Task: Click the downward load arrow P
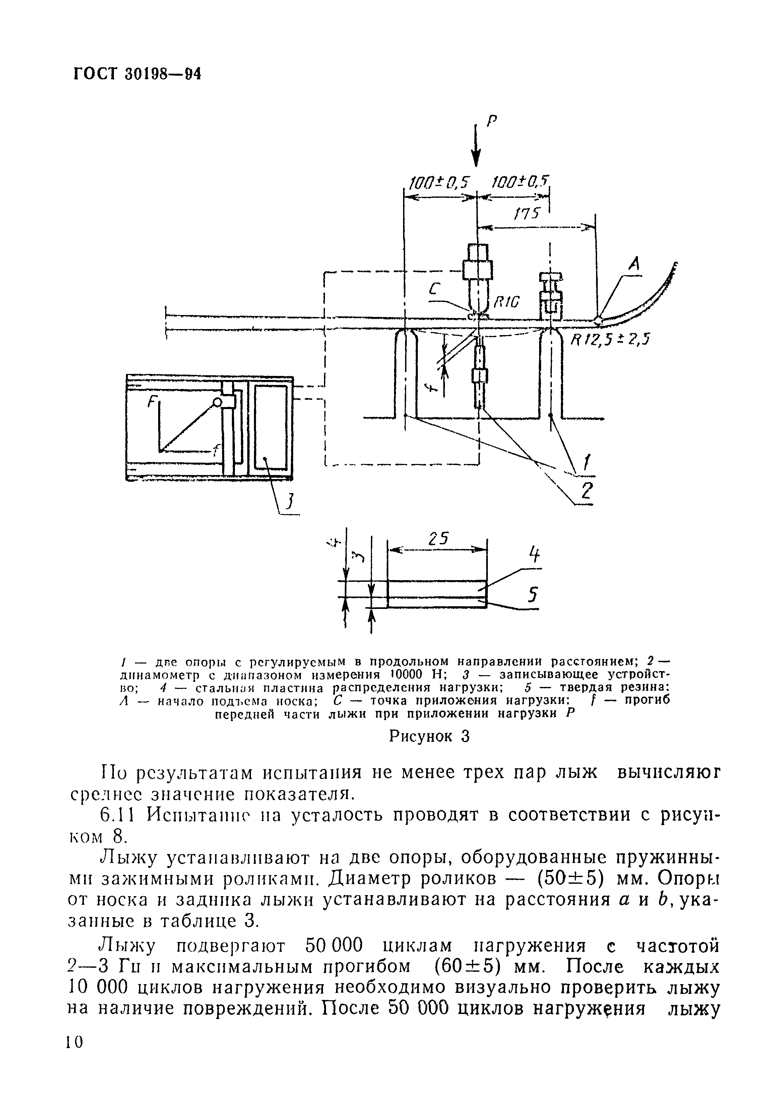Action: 476,149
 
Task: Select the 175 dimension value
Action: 527,214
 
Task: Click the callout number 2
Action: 586,490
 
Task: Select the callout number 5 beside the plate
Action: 532,595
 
